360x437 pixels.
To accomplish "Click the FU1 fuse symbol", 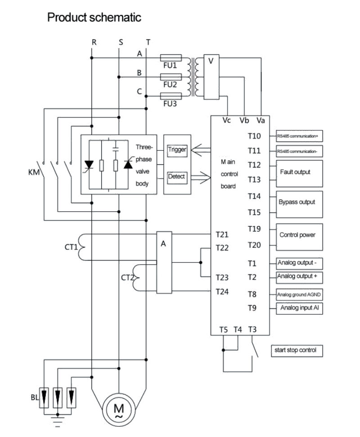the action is pyautogui.click(x=171, y=58).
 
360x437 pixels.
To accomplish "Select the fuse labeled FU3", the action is pyautogui.click(x=171, y=96).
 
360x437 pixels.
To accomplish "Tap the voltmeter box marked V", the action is pyautogui.click(x=211, y=77).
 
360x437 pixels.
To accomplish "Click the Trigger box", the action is pyautogui.click(x=177, y=150).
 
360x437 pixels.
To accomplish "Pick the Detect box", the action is pyautogui.click(x=177, y=177).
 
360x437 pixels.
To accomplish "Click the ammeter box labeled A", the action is pyautogui.click(x=164, y=262).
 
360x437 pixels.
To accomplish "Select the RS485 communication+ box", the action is pyautogui.click(x=299, y=136).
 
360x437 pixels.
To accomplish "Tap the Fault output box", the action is pyautogui.click(x=299, y=174).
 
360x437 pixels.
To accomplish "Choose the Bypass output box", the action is pyautogui.click(x=299, y=204).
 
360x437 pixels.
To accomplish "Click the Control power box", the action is pyautogui.click(x=299, y=237).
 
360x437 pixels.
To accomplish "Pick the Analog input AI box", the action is pyautogui.click(x=299, y=308).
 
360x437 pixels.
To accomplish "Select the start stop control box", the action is pyautogui.click(x=297, y=351).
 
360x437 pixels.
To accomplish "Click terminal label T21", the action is pyautogui.click(x=222, y=234).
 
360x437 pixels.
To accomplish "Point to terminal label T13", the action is pyautogui.click(x=254, y=180).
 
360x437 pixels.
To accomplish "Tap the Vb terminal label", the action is pyautogui.click(x=244, y=121).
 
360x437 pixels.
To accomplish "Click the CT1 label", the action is pyautogui.click(x=71, y=247).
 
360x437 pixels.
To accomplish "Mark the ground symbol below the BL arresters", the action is pyautogui.click(x=58, y=421).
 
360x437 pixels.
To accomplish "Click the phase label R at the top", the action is pyautogui.click(x=94, y=42).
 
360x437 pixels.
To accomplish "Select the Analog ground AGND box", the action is pyautogui.click(x=299, y=295).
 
